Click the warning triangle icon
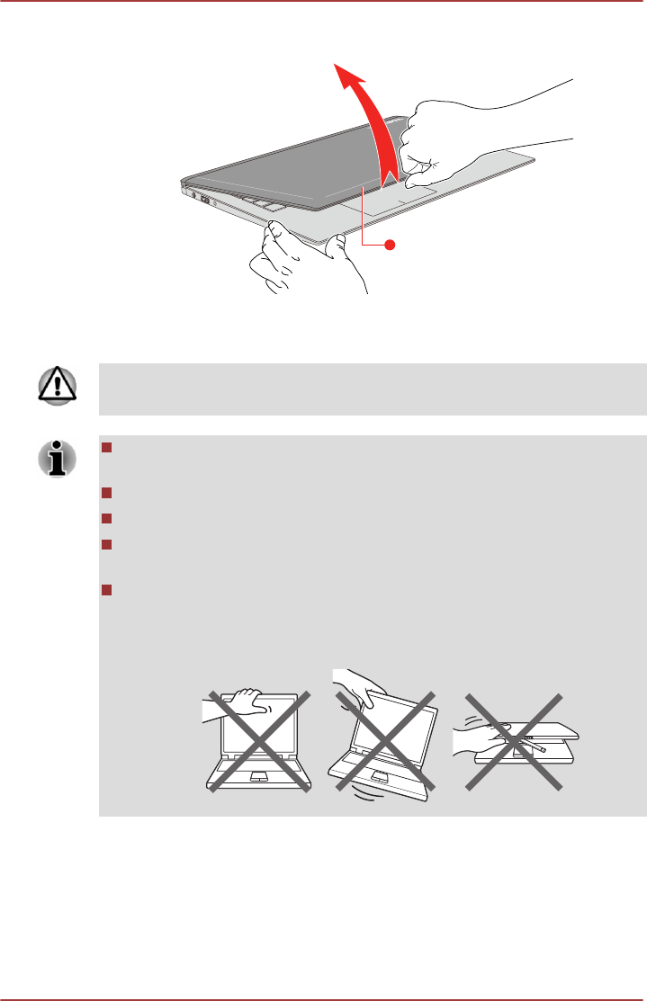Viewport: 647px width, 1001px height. tap(55, 389)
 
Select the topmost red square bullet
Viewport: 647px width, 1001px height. tap(105, 448)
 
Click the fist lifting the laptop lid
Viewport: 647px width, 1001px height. tap(427, 144)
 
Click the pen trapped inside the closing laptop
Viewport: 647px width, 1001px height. tap(537, 747)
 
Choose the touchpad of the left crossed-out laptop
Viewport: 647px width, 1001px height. tap(259, 775)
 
